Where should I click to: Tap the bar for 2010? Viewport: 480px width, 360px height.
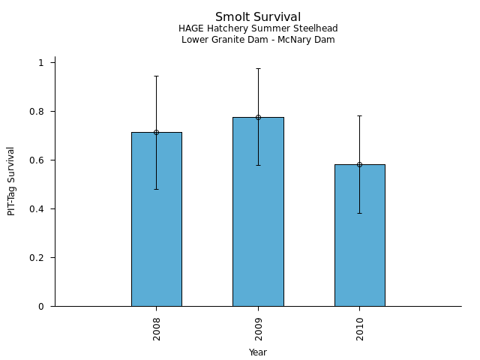[x=359, y=235]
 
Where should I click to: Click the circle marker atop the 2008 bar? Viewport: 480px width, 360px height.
[x=156, y=132]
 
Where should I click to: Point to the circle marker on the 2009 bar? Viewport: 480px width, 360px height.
[x=258, y=117]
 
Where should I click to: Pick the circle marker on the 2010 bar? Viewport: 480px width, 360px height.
[x=359, y=164]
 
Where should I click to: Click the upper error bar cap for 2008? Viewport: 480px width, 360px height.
[x=156, y=76]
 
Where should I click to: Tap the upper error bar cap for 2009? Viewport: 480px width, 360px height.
[x=258, y=68]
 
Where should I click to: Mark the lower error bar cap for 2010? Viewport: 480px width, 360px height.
[x=359, y=213]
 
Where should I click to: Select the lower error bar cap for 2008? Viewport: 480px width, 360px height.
[x=156, y=189]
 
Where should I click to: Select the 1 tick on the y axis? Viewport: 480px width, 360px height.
[x=42, y=63]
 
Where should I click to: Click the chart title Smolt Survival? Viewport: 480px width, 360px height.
[x=258, y=17]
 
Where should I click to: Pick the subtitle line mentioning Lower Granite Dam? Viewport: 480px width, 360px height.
[x=258, y=40]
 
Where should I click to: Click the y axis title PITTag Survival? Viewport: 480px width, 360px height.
[x=11, y=181]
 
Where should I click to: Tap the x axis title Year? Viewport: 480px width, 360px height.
[x=258, y=352]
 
